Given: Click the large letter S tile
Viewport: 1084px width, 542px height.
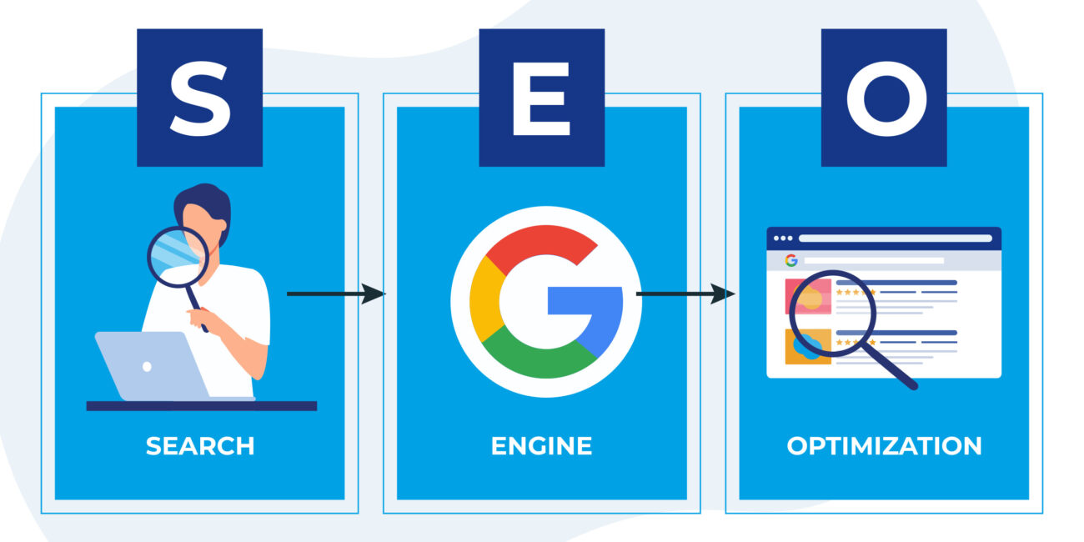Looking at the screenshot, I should (x=199, y=98).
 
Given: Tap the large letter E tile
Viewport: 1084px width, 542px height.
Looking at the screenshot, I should (x=541, y=98).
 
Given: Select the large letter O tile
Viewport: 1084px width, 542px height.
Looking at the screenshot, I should (x=884, y=98).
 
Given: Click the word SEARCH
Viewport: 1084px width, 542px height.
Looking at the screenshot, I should (x=200, y=446).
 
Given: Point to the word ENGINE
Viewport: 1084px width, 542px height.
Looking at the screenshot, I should (x=541, y=446).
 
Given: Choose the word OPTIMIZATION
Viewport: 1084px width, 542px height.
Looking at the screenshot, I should (x=884, y=446).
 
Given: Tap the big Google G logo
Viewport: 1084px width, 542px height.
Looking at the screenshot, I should (x=546, y=300).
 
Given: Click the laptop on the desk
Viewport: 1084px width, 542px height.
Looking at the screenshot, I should (x=150, y=365).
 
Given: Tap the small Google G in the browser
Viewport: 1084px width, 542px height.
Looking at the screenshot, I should (x=791, y=260).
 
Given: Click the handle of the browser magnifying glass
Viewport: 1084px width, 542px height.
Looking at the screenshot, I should (x=892, y=367).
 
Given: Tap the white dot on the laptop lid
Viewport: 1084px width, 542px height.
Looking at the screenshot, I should (x=148, y=366).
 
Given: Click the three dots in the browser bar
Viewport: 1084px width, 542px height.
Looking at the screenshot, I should (x=783, y=238).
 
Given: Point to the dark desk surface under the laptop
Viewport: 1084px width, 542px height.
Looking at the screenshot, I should (x=201, y=406).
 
